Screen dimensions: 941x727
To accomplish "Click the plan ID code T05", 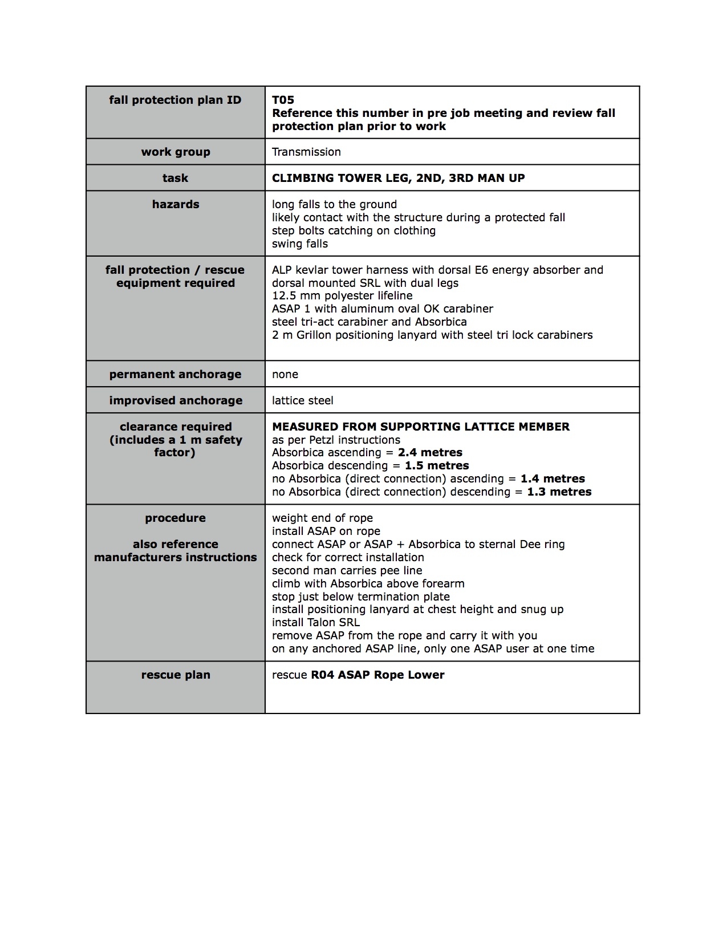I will [x=283, y=100].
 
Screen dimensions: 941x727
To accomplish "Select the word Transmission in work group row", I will [x=306, y=152].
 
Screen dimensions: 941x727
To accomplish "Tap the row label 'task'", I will [x=175, y=178].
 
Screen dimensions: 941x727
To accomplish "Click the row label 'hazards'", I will [x=176, y=204].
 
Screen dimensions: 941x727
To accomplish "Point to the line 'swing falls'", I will [x=300, y=244].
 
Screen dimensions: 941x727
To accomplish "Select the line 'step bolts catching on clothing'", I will [x=354, y=230].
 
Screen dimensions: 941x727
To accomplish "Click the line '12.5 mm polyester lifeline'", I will [x=342, y=295].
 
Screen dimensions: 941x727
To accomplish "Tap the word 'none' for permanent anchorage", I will [x=285, y=374].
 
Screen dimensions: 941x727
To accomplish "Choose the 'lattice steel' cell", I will [x=303, y=400].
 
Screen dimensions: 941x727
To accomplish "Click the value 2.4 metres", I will [x=430, y=452].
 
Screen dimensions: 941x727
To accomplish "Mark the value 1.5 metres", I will [x=437, y=465].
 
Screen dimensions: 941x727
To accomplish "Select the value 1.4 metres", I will [x=553, y=478].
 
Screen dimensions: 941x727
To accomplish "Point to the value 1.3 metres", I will [x=559, y=492].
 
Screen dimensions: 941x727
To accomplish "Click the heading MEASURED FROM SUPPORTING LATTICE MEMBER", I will [x=421, y=427].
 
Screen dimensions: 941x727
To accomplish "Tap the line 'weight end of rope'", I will [x=322, y=518].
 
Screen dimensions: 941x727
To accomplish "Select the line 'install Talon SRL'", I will [x=316, y=622].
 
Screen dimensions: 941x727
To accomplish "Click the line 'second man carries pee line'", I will [x=347, y=570].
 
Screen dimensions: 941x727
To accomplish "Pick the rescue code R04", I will [x=322, y=675].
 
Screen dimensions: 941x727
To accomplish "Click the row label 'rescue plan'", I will [x=176, y=675].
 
